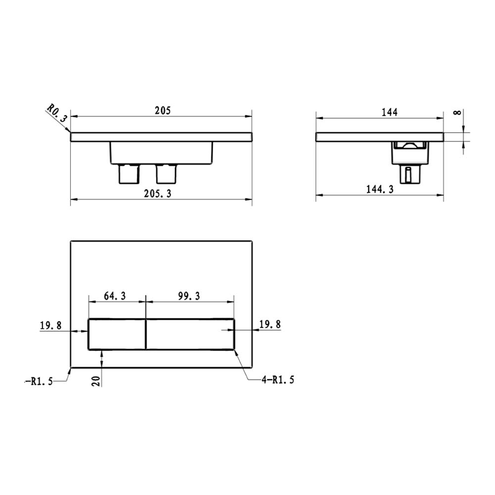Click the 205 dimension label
(x=162, y=110)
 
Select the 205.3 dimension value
(x=157, y=194)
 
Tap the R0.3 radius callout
(x=57, y=113)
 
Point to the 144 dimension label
(x=390, y=112)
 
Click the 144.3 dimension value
(x=380, y=189)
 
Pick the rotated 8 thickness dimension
(x=457, y=112)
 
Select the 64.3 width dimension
(x=115, y=296)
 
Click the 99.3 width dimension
(x=189, y=296)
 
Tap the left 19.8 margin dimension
(x=50, y=325)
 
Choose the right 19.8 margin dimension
(x=270, y=324)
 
